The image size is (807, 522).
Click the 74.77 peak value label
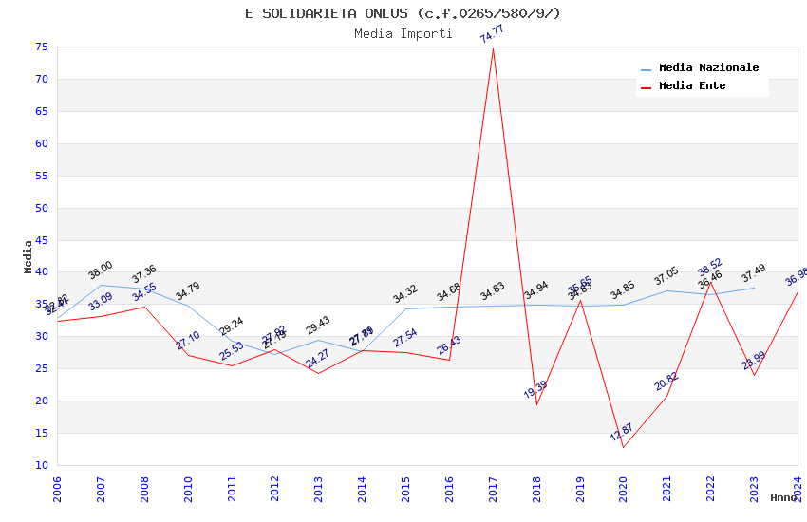[x=492, y=34]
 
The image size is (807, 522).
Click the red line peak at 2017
[x=493, y=48]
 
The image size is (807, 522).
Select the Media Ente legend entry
[x=692, y=86]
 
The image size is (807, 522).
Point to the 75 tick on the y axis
[x=40, y=47]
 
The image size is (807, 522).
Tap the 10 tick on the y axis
[x=40, y=465]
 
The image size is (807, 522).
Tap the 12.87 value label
[x=621, y=433]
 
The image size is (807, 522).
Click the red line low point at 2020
[x=624, y=447]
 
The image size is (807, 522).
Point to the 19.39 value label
[x=535, y=390]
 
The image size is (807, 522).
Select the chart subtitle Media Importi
[x=403, y=33]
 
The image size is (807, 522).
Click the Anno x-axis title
[x=783, y=497]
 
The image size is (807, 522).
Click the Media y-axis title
[x=28, y=256]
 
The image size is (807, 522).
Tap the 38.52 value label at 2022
[x=710, y=267]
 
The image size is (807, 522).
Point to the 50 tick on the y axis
[x=40, y=209]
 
